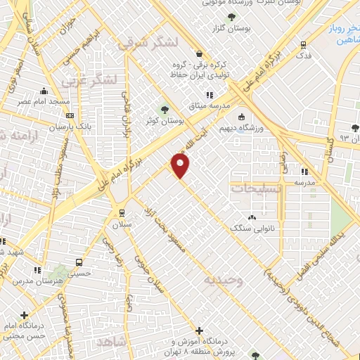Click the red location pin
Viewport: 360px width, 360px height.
click(x=181, y=166)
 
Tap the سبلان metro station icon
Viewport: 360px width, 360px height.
click(x=122, y=213)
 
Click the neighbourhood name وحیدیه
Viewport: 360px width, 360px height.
click(x=223, y=280)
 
